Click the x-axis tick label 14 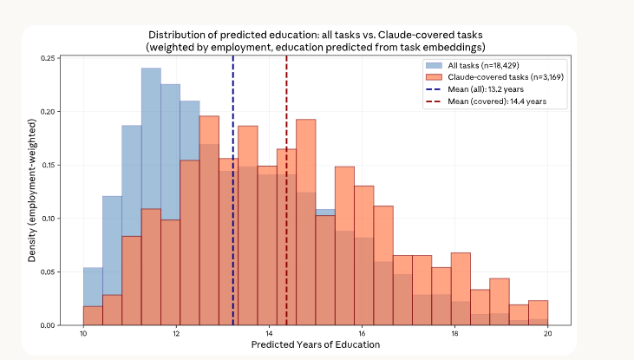[269, 333]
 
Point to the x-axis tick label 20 [547, 333]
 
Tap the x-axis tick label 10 [83, 333]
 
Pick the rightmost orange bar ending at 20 [538, 313]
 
